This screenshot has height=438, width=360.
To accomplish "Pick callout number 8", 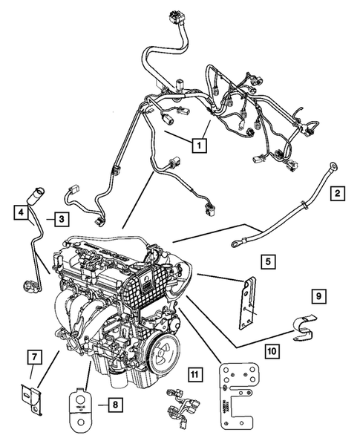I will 114,405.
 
